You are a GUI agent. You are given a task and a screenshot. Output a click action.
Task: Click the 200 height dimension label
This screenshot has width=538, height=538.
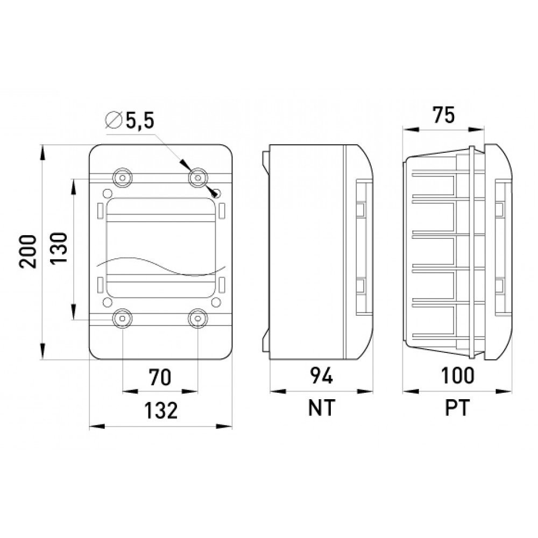[28, 251]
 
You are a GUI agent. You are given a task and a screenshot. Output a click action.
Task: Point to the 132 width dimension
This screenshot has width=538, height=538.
[160, 410]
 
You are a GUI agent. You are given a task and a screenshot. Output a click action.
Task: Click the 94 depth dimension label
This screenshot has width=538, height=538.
[322, 376]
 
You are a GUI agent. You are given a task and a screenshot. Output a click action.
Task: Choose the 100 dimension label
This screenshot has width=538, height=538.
[457, 376]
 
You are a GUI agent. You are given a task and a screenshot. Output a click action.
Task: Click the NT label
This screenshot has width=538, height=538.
[322, 408]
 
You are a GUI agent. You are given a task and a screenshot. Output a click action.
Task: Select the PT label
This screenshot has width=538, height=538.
[457, 408]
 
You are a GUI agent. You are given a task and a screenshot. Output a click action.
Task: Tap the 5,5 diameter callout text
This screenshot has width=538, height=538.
[140, 121]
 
